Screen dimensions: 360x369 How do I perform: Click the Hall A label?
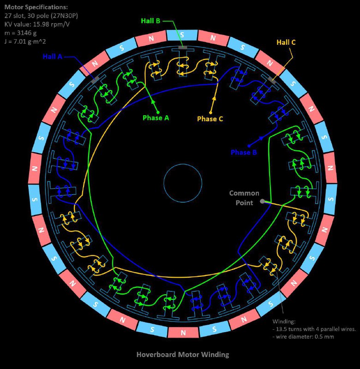53,56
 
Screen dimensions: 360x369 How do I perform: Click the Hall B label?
150,21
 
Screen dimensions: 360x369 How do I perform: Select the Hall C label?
286,42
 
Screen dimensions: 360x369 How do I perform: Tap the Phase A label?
156,118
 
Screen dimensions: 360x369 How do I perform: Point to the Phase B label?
244,152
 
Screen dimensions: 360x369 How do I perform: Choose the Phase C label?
210,119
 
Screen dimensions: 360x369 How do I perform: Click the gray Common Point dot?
262,201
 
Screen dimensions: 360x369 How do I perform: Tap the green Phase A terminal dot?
158,112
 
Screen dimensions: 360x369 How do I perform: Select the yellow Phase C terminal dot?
210,113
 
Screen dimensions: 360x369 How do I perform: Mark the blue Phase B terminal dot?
249,146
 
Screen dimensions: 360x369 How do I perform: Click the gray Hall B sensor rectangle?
183,48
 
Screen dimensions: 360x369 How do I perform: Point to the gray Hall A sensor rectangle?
96,80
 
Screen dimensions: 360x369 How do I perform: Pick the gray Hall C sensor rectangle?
272,80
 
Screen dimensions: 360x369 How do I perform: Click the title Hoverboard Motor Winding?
183,354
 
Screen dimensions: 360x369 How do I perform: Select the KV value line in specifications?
37,24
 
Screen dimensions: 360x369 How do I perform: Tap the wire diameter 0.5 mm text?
303,337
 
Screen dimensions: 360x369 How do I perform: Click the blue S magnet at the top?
182,35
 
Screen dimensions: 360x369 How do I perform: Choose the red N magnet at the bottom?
183,332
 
